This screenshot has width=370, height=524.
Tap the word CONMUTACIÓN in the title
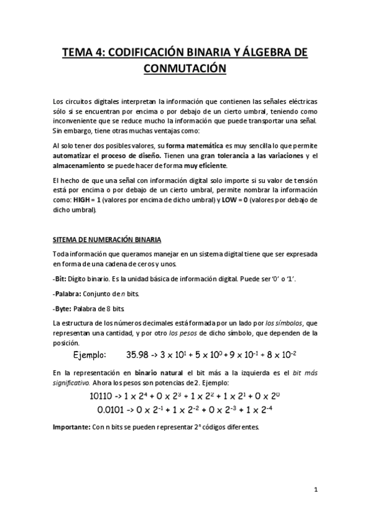click(185, 69)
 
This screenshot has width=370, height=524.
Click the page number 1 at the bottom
click(315, 490)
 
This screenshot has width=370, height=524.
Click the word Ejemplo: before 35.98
click(90, 355)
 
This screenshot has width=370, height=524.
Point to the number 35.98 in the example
click(138, 355)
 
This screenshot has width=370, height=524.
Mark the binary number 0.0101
click(112, 409)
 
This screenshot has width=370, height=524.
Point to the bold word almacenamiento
click(80, 166)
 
